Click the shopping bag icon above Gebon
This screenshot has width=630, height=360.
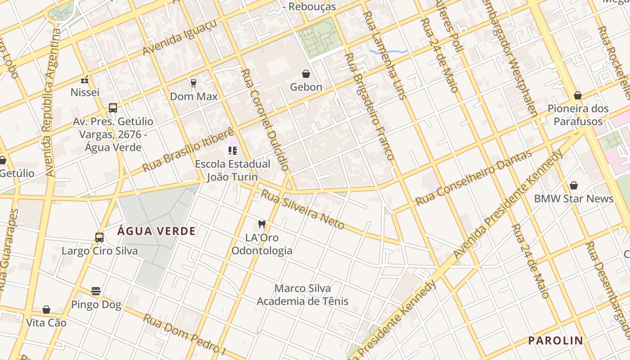(306, 74)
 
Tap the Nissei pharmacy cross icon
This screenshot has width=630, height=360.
(85, 80)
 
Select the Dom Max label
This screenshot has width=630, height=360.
(193, 96)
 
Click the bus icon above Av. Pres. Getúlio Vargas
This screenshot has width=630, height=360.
(113, 108)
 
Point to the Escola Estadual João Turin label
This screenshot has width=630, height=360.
(232, 170)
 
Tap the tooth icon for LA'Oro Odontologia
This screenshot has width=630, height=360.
(261, 224)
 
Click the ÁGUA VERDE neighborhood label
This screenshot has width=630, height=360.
(157, 231)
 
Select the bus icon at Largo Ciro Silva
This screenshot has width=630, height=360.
(99, 238)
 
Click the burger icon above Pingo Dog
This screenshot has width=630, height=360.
(96, 291)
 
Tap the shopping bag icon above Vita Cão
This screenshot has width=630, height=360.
(46, 310)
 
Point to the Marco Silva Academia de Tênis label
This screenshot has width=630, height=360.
(302, 294)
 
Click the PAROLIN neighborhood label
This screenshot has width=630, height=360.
(555, 341)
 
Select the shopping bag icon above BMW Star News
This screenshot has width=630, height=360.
(574, 185)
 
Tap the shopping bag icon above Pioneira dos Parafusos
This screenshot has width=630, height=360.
(578, 95)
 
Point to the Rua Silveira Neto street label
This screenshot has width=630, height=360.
(303, 209)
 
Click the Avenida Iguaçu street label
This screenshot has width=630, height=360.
(180, 37)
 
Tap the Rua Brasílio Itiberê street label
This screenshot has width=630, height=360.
(188, 149)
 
